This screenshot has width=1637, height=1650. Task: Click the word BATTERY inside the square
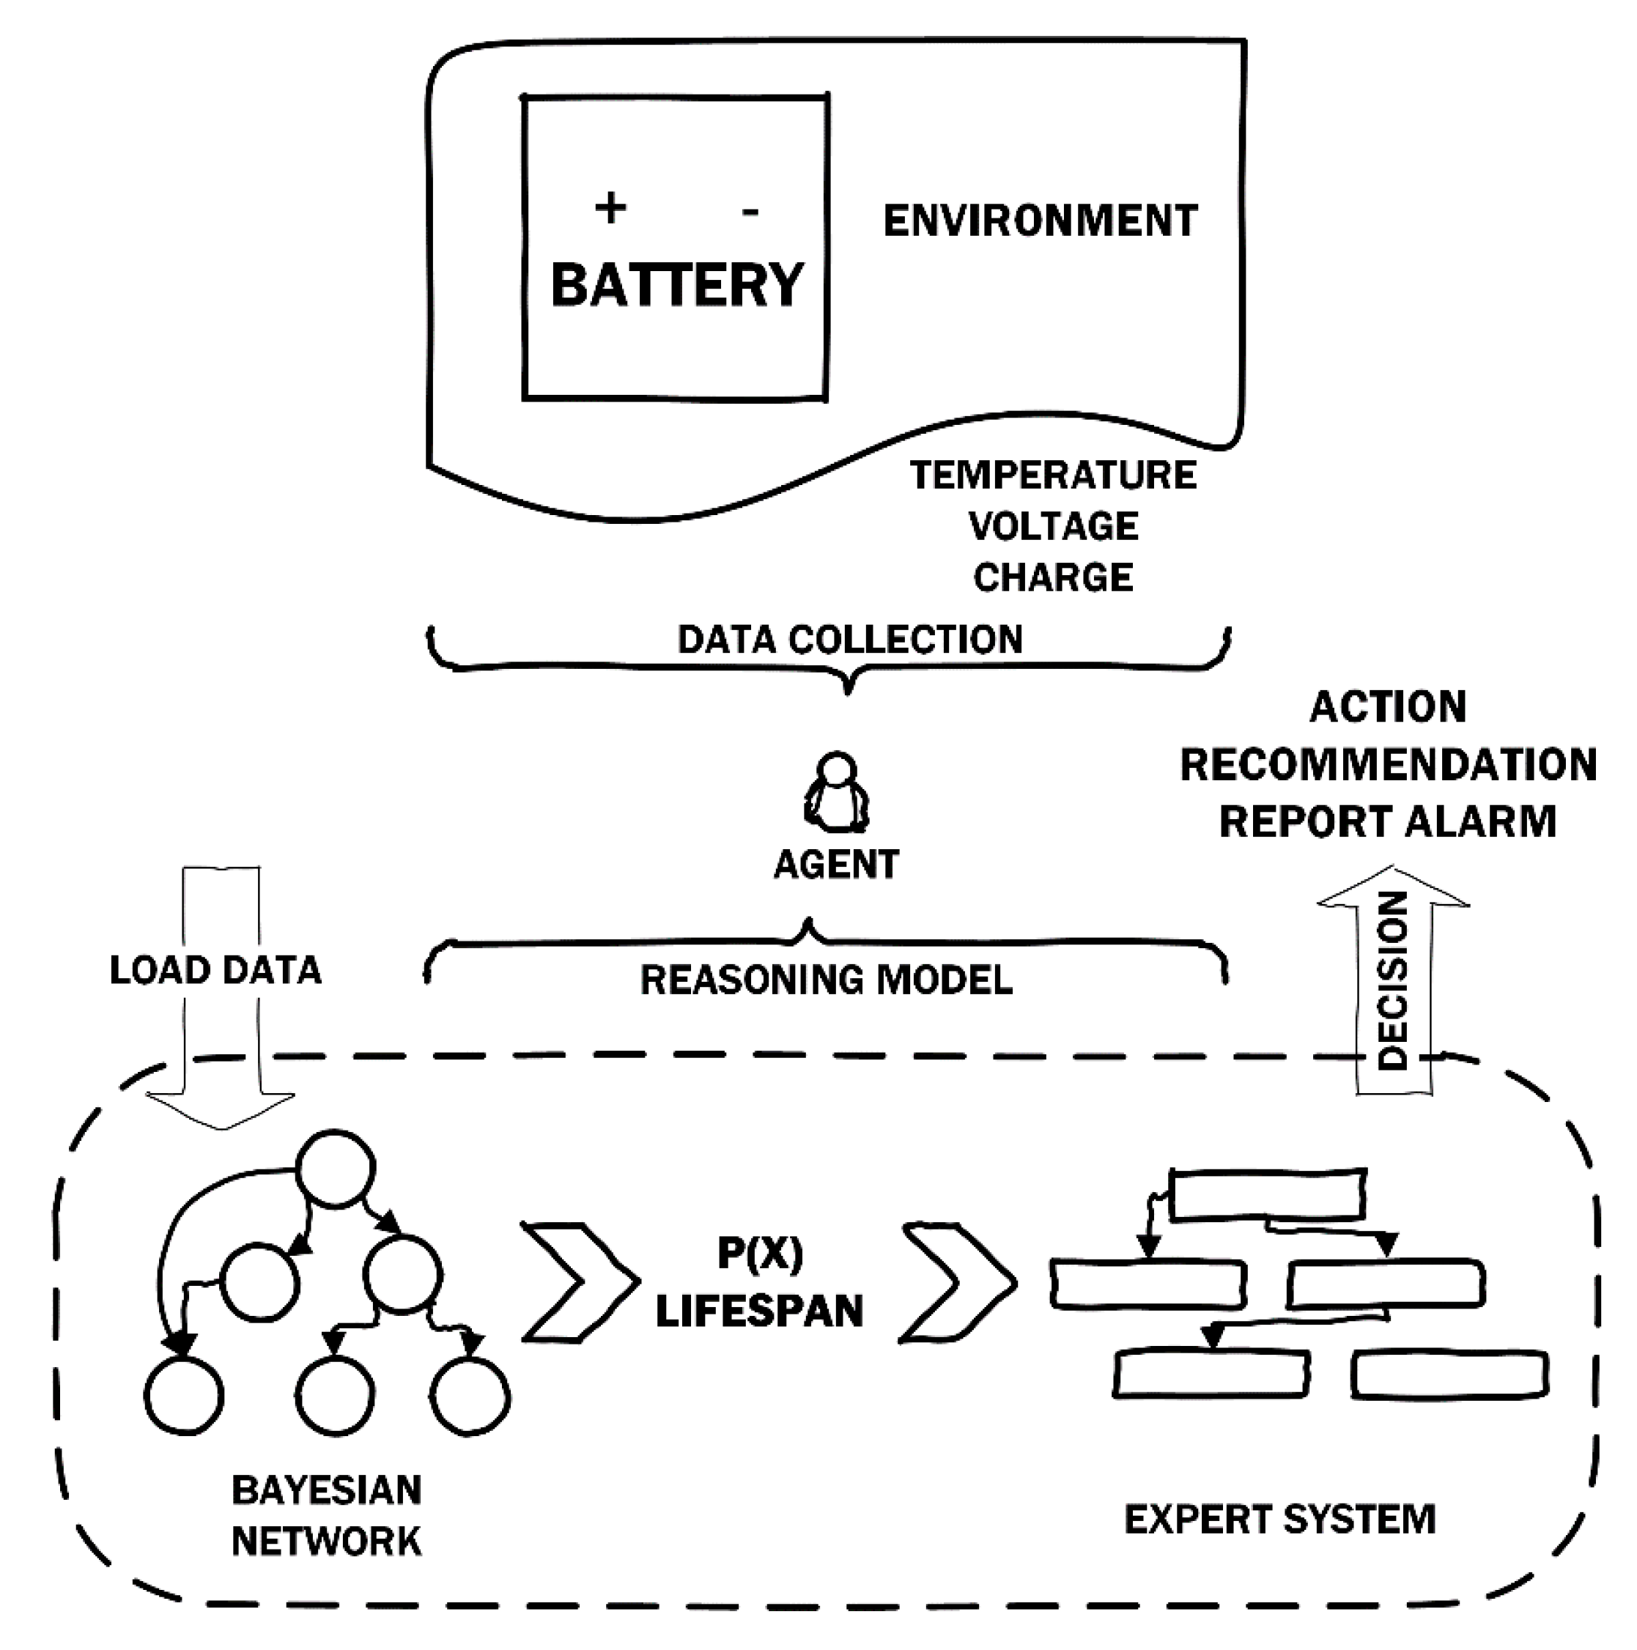tap(677, 284)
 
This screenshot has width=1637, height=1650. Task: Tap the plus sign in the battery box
tap(610, 207)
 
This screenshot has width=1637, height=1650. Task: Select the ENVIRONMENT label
tap(1040, 221)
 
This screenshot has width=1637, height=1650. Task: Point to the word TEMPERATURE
tap(1053, 475)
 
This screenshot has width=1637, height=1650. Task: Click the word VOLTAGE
tap(1053, 526)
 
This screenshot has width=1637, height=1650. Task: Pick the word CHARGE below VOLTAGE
tap(1053, 577)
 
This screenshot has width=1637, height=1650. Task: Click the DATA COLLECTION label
tap(850, 640)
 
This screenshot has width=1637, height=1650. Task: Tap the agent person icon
tap(837, 792)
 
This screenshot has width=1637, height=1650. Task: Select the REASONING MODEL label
tap(826, 980)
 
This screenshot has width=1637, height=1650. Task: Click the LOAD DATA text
tap(215, 970)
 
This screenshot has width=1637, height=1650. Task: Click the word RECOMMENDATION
tap(1388, 764)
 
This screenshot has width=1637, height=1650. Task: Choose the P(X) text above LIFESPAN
tap(760, 1253)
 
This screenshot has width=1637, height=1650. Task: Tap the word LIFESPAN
tap(759, 1311)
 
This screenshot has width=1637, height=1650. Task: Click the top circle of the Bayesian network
tap(336, 1169)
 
